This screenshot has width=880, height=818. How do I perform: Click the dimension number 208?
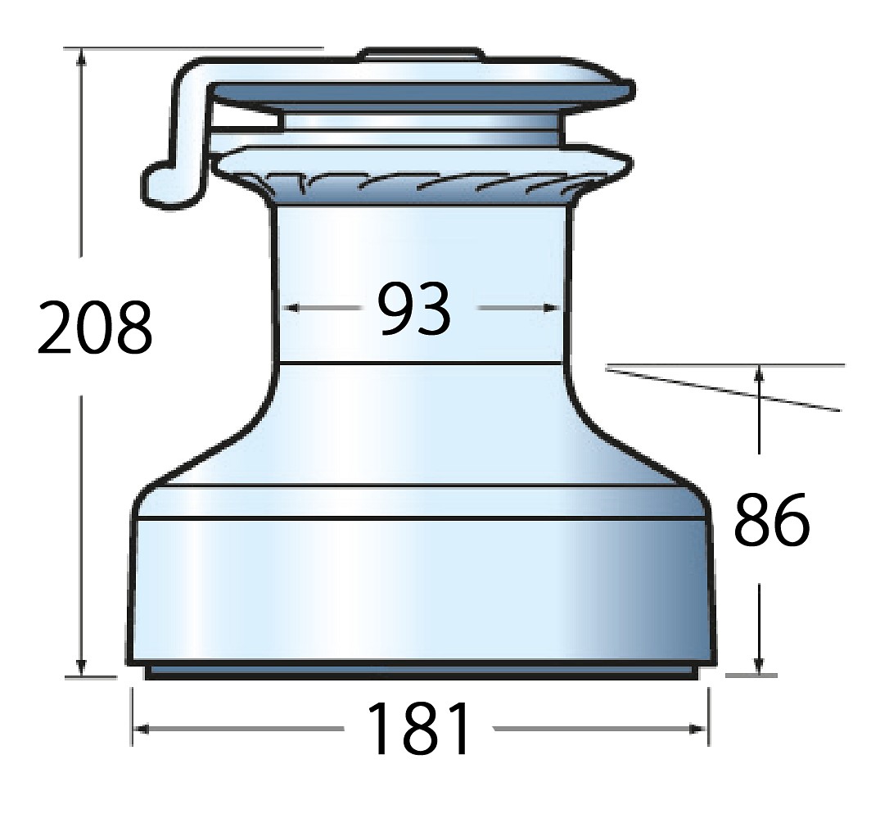click(95, 328)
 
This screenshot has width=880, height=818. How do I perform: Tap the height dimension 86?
click(772, 519)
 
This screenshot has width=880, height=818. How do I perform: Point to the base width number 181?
click(418, 728)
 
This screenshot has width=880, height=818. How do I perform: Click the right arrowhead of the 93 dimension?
click(553, 308)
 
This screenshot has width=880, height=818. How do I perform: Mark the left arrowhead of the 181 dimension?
click(141, 729)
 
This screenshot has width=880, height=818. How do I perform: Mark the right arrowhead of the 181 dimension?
click(700, 729)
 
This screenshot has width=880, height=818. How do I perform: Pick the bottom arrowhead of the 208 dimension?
click(82, 668)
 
